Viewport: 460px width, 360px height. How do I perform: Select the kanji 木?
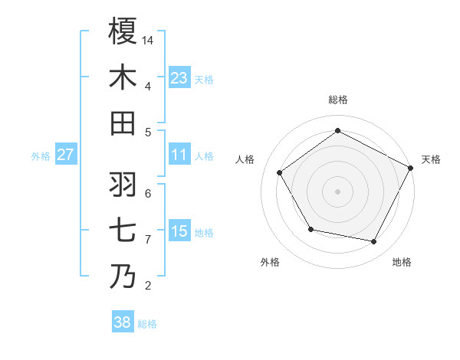[123, 77]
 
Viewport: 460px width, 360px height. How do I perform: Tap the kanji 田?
[123, 123]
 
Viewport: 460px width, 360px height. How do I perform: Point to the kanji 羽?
[123, 185]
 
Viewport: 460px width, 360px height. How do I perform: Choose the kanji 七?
[123, 231]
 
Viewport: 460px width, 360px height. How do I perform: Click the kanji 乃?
[123, 277]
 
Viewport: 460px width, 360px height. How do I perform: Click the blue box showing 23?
[179, 77]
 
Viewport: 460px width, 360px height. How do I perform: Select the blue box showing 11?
[179, 155]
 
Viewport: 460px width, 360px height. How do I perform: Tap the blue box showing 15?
[179, 231]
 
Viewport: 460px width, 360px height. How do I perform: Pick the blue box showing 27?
[65, 155]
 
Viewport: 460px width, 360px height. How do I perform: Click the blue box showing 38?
[123, 323]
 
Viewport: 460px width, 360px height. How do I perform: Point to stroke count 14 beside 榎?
[149, 40]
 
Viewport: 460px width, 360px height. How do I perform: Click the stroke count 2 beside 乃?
[148, 286]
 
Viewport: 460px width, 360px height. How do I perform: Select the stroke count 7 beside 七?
[148, 240]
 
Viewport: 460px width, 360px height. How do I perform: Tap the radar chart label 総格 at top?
[337, 100]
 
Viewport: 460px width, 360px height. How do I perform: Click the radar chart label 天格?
[431, 159]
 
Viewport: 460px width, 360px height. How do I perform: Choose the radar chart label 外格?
[270, 263]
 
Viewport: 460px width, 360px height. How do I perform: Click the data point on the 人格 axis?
[280, 172]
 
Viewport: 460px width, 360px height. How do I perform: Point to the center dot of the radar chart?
[337, 191]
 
